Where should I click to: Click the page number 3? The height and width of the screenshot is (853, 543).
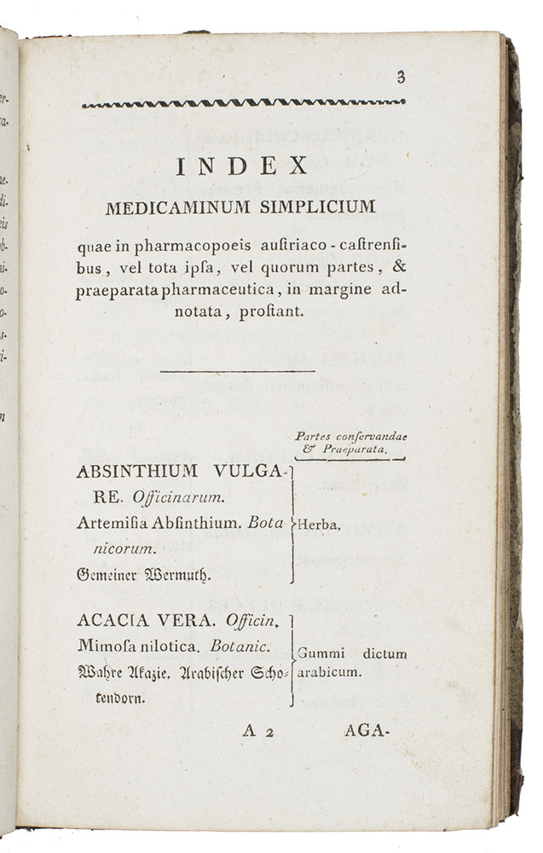400,78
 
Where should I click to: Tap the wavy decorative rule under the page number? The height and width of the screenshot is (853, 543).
243,103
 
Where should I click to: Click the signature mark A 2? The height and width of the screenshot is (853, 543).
257,730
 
